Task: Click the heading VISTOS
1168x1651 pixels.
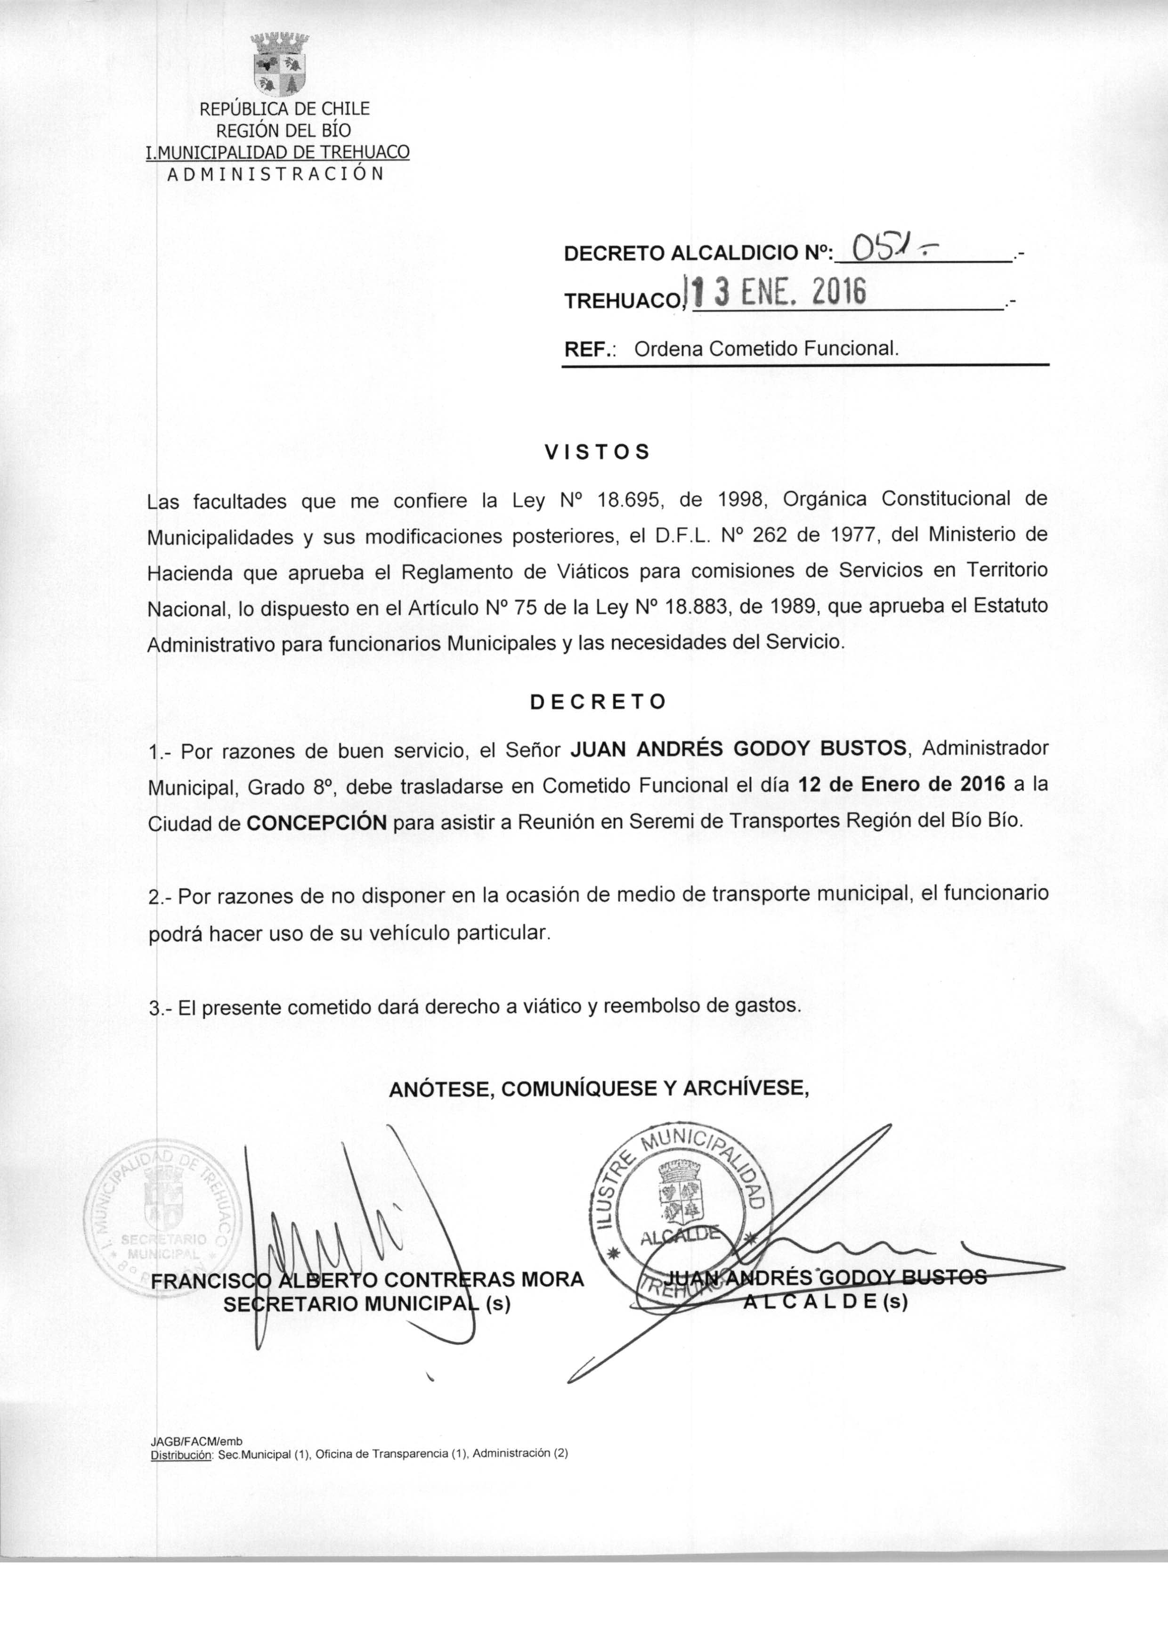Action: click(x=597, y=452)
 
